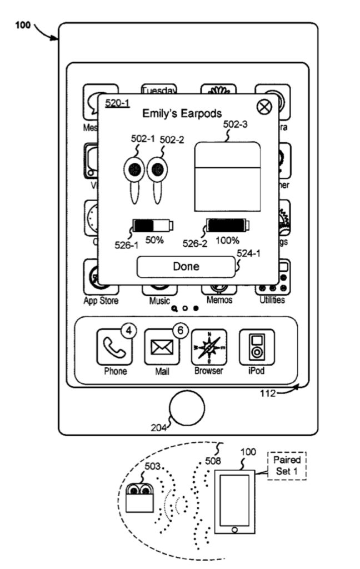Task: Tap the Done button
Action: [x=186, y=267]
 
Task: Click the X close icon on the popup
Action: [x=263, y=107]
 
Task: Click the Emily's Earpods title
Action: [x=182, y=114]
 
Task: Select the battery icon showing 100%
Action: [x=228, y=226]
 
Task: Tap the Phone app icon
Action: [x=114, y=347]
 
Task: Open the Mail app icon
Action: [x=162, y=347]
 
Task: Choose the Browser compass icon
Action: [x=209, y=347]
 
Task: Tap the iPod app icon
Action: [x=256, y=347]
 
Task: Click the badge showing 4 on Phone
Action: [x=129, y=331]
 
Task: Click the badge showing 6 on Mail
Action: [x=179, y=331]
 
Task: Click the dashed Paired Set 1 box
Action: [x=287, y=466]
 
